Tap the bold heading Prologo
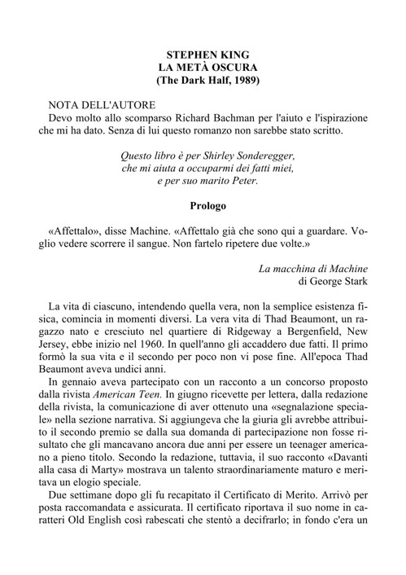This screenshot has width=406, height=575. (203, 207)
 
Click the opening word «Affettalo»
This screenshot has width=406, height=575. (76, 230)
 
